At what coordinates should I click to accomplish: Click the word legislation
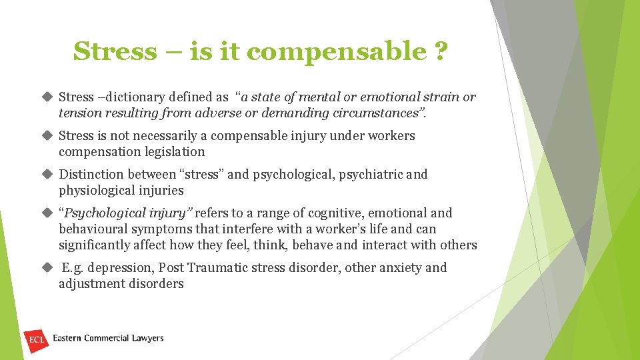click(x=172, y=152)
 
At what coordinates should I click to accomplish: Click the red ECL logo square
click(x=35, y=340)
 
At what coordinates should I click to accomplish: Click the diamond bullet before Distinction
click(x=47, y=174)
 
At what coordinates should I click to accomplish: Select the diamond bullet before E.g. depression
click(x=47, y=267)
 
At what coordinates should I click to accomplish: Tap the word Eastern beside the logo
click(x=67, y=339)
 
